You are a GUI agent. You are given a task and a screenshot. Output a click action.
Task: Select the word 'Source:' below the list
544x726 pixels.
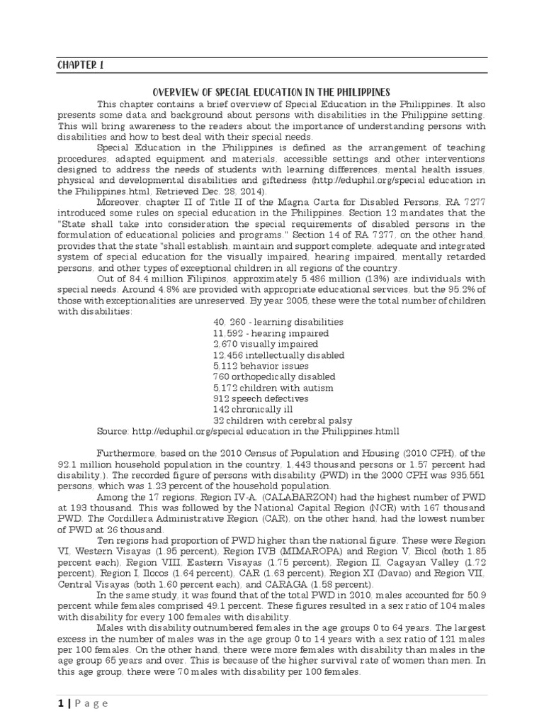pos(113,431)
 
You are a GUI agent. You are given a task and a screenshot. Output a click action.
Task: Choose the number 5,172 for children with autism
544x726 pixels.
pos(225,388)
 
